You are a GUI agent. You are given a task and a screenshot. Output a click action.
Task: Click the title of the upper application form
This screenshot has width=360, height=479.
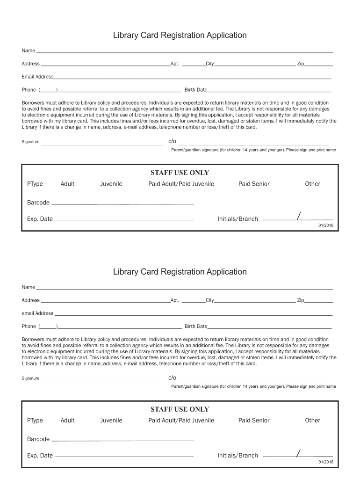pyautogui.click(x=180, y=36)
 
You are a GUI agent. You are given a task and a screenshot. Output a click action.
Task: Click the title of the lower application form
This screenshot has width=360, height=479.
pyautogui.click(x=180, y=272)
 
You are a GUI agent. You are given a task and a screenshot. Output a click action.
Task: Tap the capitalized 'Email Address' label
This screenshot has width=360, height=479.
pyautogui.click(x=37, y=77)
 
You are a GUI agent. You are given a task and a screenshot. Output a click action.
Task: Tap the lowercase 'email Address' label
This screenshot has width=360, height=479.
pyautogui.click(x=37, y=313)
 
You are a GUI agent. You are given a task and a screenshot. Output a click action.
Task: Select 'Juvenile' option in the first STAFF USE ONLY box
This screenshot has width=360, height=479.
pyautogui.click(x=111, y=184)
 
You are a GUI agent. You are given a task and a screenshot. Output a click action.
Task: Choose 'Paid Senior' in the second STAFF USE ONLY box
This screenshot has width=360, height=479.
pyautogui.click(x=254, y=421)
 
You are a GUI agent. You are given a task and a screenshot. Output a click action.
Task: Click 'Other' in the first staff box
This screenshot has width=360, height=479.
pyautogui.click(x=312, y=184)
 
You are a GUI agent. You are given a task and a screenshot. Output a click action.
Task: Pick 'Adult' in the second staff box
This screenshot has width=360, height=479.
pyautogui.click(x=67, y=421)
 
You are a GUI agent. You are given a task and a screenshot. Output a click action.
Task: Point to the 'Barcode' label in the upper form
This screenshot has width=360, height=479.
pyautogui.click(x=38, y=203)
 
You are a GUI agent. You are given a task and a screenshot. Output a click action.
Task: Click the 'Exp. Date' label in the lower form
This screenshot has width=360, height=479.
pyautogui.click(x=40, y=456)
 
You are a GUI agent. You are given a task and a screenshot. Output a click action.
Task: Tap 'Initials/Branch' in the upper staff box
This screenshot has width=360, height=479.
pyautogui.click(x=238, y=219)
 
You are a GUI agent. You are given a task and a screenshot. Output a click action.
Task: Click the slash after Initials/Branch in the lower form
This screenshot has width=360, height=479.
pyautogui.click(x=298, y=452)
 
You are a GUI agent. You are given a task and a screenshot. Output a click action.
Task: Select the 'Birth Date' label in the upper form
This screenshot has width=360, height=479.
pyautogui.click(x=196, y=90)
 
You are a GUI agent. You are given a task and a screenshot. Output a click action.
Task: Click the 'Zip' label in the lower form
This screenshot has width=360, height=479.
pyautogui.click(x=300, y=300)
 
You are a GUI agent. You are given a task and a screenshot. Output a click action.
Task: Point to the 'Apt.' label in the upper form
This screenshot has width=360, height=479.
pyautogui.click(x=175, y=64)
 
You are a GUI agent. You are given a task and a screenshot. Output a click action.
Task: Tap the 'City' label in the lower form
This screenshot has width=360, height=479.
pyautogui.click(x=209, y=300)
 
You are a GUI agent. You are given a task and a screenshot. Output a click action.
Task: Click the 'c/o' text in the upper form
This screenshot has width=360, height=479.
pyautogui.click(x=172, y=141)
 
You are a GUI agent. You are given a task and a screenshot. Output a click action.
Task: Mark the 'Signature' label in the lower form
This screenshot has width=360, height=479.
pyautogui.click(x=30, y=378)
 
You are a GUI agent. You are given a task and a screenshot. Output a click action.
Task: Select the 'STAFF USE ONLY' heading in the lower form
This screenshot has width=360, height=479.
pyautogui.click(x=180, y=409)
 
